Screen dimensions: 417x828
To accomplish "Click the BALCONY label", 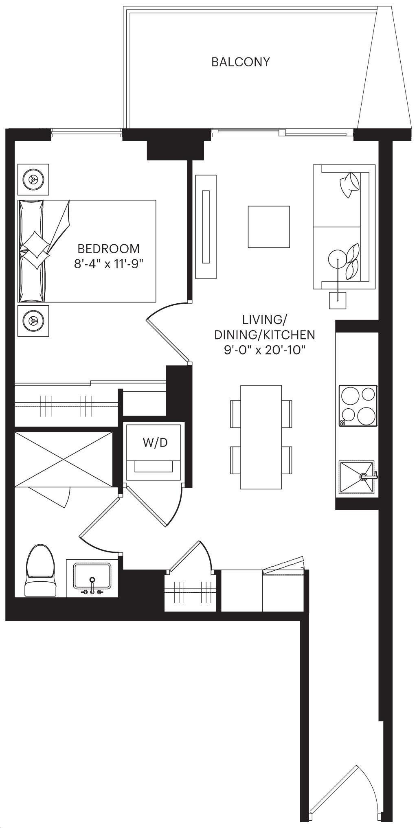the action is tap(240, 62).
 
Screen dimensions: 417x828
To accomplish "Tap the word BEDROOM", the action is tap(108, 248).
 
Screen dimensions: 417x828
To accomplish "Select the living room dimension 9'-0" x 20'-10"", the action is tap(265, 350).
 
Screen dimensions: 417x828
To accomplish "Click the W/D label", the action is tap(155, 443).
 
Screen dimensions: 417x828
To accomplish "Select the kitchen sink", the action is tap(357, 477).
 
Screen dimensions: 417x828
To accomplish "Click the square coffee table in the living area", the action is tap(269, 227).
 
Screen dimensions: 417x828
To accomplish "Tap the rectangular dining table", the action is tap(261, 437).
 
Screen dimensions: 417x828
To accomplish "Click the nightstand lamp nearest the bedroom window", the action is tap(33, 179).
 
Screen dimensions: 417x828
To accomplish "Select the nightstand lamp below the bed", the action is tap(33, 321).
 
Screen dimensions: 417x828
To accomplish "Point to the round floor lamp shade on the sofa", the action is tap(337, 258).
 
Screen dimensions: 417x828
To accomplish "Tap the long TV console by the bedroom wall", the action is tap(206, 227).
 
